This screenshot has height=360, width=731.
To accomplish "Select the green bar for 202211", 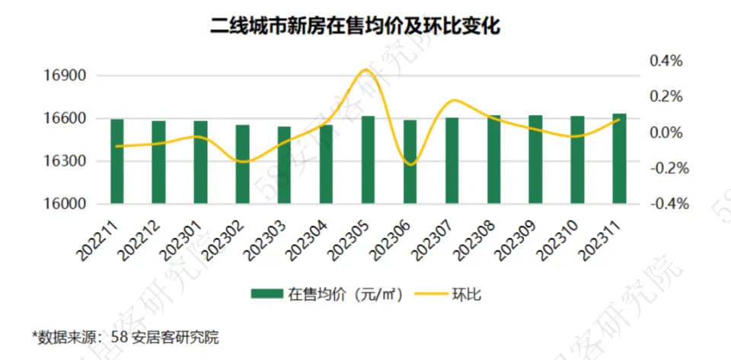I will point(117,161).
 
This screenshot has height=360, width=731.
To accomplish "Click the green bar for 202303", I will point(284,165).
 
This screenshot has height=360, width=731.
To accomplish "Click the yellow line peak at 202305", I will point(366,69).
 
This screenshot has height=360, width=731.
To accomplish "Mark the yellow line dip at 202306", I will point(410,164).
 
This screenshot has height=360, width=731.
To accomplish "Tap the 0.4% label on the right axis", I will point(666,60).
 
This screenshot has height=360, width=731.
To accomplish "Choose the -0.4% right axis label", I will point(665,204).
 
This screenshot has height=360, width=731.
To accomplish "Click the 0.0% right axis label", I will point(666,132).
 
